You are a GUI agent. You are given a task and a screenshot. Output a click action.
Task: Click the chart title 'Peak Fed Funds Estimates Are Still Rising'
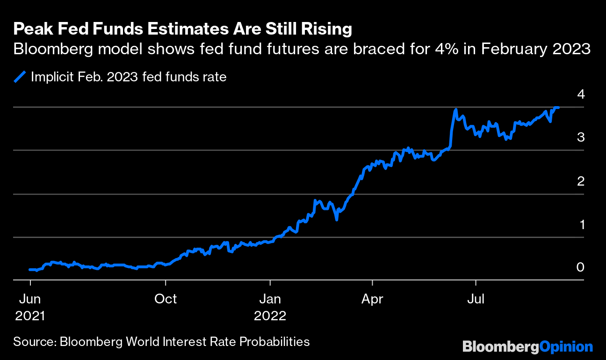tap(182, 29)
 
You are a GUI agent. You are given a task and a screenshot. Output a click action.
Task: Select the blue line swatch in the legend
tap(20, 77)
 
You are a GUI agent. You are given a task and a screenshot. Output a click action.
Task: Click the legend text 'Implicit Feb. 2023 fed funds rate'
tap(129, 77)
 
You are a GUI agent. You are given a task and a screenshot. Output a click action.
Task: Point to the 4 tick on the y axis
tap(581, 94)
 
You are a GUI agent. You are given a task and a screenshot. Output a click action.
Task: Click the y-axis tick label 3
tap(581, 137)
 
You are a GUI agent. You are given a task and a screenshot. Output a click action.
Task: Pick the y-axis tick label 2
tap(581, 181)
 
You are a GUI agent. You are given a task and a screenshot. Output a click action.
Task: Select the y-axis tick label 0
tap(581, 267)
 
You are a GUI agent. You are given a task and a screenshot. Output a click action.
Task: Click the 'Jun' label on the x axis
tap(30, 299)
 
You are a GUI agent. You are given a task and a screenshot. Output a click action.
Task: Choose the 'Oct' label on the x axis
tap(166, 299)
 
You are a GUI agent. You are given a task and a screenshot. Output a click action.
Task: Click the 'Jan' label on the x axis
tap(270, 299)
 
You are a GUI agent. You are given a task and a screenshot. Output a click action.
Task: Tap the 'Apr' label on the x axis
tap(372, 299)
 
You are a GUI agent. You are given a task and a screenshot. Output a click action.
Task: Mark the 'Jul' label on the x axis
tap(476, 299)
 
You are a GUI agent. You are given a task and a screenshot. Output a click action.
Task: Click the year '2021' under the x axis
tap(30, 316)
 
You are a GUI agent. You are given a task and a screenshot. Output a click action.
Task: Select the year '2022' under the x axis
tap(270, 316)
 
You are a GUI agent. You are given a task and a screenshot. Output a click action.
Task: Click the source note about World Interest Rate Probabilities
tap(161, 341)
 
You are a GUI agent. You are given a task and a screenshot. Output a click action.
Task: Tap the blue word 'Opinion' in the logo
tap(566, 347)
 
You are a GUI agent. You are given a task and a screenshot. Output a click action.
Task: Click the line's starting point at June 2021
tap(30, 270)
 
